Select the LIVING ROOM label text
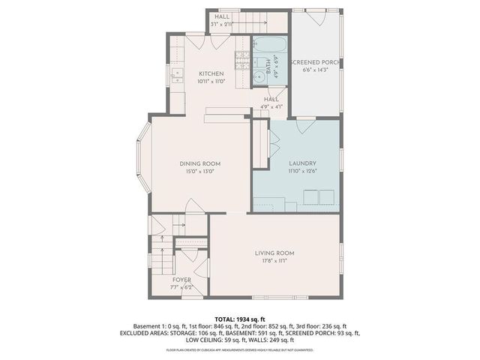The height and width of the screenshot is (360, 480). (x=274, y=253)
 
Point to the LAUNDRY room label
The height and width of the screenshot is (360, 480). (x=302, y=163)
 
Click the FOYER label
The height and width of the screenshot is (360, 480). (x=181, y=280)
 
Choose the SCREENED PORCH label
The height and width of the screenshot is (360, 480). (x=315, y=61)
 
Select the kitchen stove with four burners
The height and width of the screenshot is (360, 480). (x=241, y=55)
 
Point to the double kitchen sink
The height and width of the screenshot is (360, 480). (x=177, y=73)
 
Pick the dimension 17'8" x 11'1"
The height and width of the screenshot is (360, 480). (x=274, y=261)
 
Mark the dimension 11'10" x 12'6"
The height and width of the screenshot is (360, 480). (x=302, y=171)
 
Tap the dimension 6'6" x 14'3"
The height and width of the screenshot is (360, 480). (x=315, y=70)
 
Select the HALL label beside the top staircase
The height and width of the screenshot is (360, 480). (x=223, y=16)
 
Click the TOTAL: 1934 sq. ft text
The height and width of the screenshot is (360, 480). (x=240, y=319)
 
